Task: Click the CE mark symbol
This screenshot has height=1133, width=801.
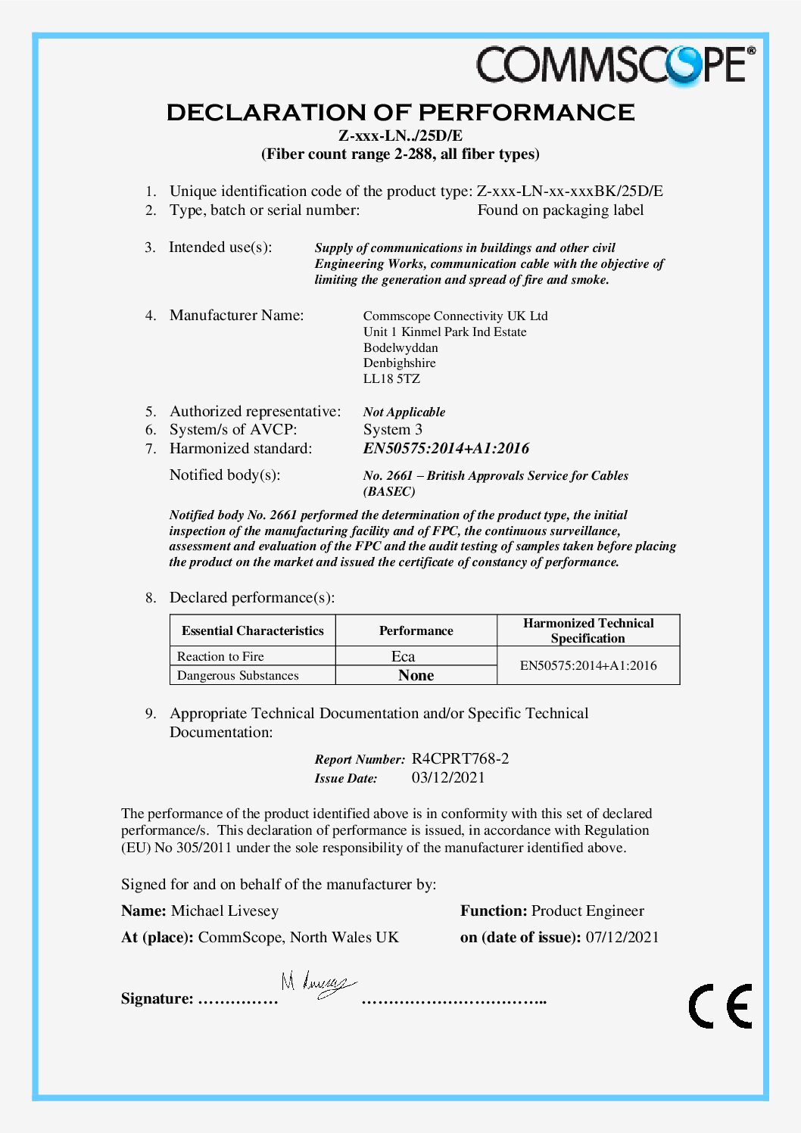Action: (x=720, y=1006)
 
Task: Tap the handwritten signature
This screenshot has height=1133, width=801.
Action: (x=318, y=985)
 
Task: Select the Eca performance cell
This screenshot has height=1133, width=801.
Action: (x=403, y=656)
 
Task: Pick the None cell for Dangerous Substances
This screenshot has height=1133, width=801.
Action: (x=416, y=675)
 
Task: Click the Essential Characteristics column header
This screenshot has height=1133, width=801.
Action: (x=252, y=630)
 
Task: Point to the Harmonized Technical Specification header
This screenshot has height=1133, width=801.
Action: (x=588, y=630)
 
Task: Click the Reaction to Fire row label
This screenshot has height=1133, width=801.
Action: (x=220, y=656)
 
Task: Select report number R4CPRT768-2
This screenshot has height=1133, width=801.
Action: (x=460, y=758)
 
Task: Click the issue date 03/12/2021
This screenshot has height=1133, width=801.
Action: (x=448, y=777)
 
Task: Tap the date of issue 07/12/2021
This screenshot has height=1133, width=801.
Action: (x=622, y=937)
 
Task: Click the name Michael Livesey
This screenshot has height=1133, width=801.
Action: (x=225, y=910)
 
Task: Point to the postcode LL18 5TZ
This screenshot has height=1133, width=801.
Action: (x=391, y=378)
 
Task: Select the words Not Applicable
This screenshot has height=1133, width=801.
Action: (x=404, y=412)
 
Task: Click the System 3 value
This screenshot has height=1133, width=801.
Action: (x=393, y=429)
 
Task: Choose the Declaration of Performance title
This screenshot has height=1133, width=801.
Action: (x=400, y=113)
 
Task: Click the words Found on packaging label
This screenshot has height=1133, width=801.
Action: (x=560, y=210)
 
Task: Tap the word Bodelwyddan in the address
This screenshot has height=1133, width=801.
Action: (x=400, y=347)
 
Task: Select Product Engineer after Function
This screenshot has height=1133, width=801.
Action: (x=588, y=910)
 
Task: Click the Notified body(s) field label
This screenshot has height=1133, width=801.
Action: (x=225, y=475)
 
